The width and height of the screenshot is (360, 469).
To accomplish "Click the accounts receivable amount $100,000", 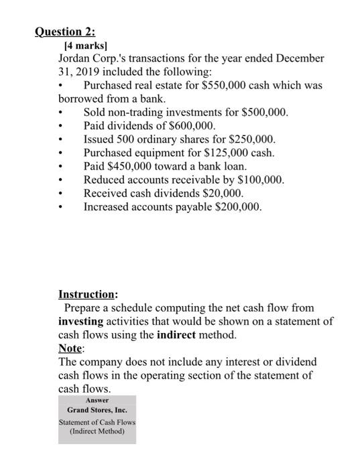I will point(259,180).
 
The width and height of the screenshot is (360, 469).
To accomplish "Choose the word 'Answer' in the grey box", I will point(97,400).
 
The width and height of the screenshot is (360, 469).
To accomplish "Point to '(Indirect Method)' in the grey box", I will point(97,431).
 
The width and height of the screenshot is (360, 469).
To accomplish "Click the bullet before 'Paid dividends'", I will point(62,126).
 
